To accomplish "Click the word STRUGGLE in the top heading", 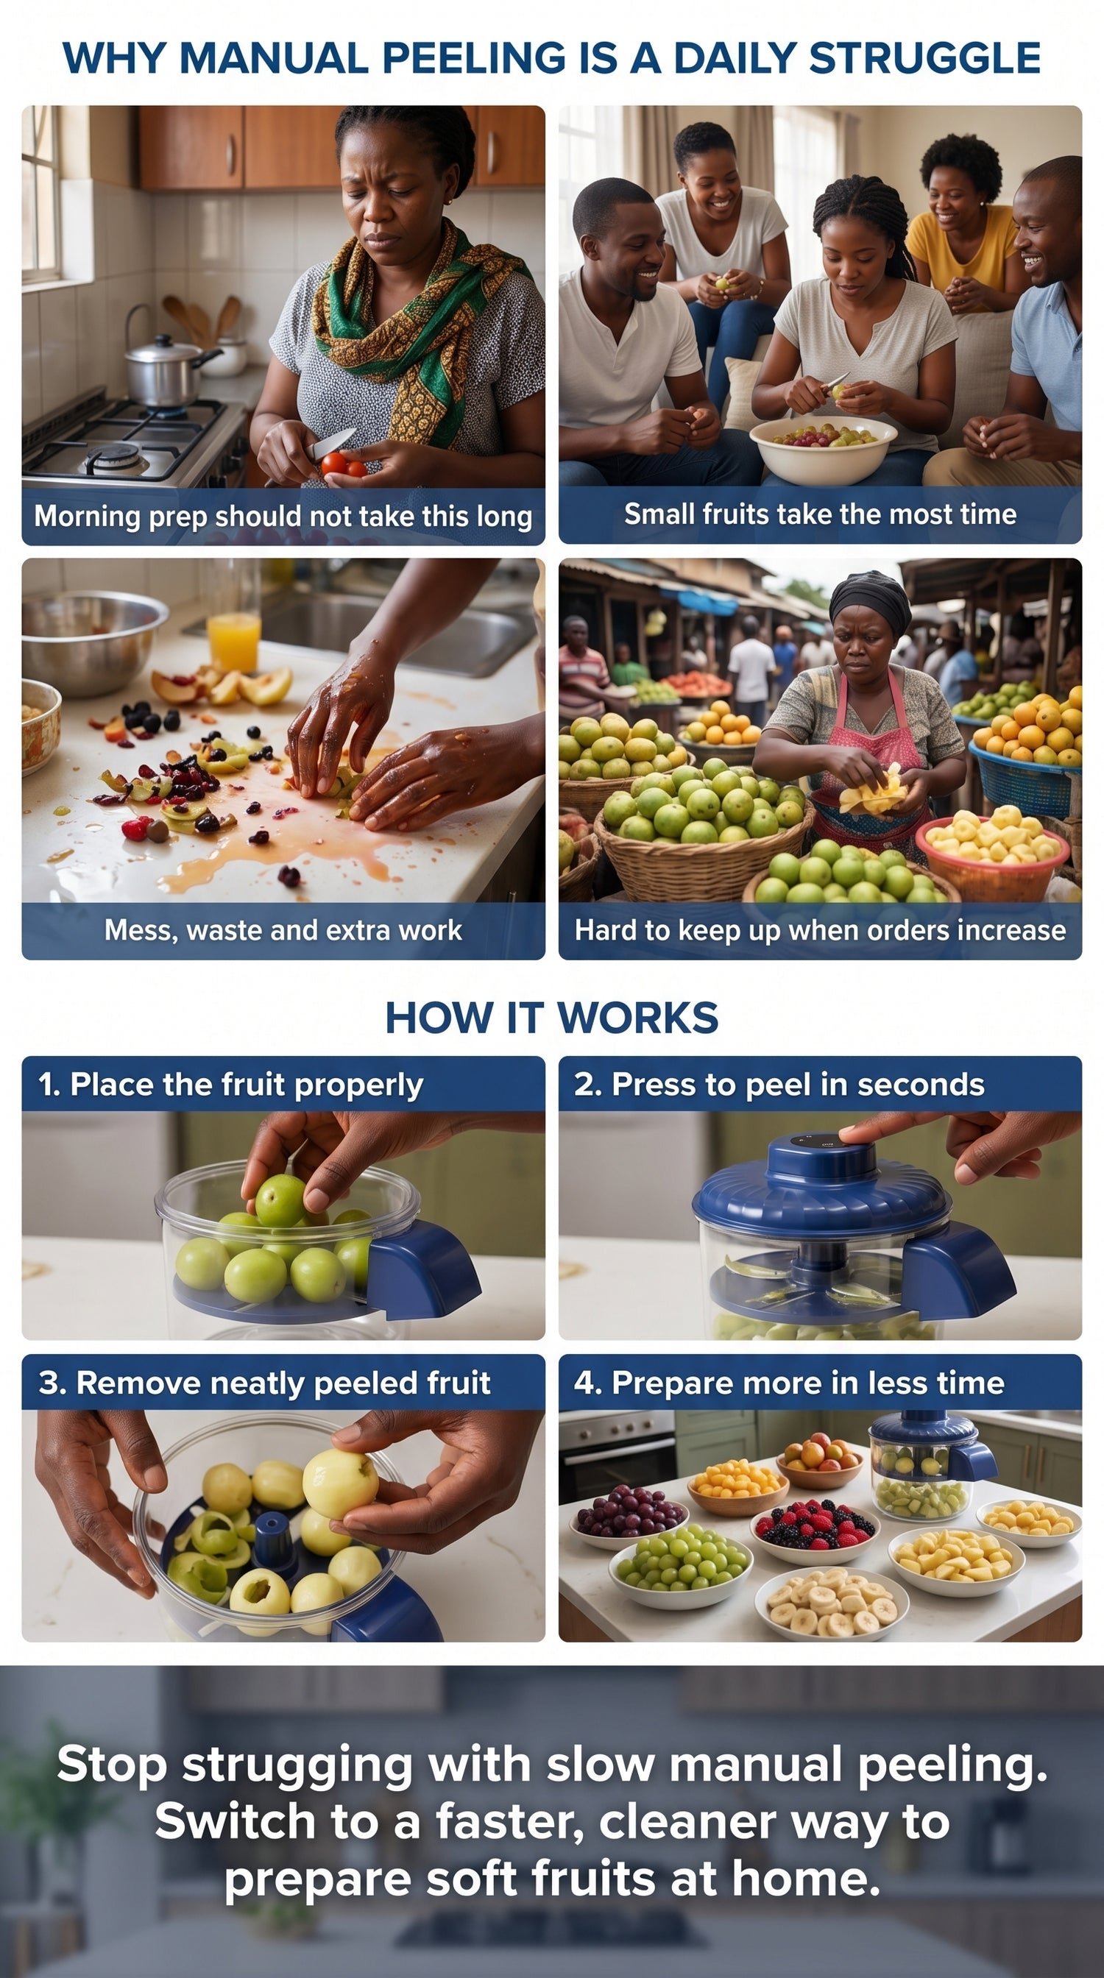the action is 924,58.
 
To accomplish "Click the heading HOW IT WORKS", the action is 552,1018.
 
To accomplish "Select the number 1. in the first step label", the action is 49,1084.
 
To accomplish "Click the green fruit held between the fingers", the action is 280,1201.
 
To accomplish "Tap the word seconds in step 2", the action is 921,1084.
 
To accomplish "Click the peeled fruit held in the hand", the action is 340,1481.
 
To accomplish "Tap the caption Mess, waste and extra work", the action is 283,930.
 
